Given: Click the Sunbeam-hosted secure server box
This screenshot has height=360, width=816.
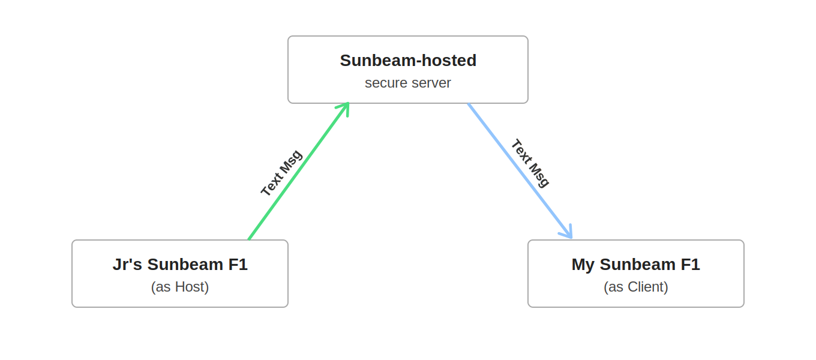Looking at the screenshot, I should click(x=408, y=70).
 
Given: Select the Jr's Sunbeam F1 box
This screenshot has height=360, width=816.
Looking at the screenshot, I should click(x=180, y=274).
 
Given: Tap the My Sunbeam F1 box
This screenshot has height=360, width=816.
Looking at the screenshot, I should click(x=636, y=274).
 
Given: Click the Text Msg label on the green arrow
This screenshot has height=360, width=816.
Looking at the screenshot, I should click(x=281, y=173).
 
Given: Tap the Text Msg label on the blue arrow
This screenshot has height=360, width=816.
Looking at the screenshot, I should click(x=530, y=163).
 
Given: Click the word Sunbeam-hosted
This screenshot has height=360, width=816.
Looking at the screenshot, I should click(x=408, y=61).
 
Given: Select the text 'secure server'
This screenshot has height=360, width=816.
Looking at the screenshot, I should click(x=408, y=83).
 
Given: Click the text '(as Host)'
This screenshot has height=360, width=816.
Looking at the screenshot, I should click(x=180, y=287).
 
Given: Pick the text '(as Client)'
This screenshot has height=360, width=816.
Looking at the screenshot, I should click(x=636, y=287).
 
